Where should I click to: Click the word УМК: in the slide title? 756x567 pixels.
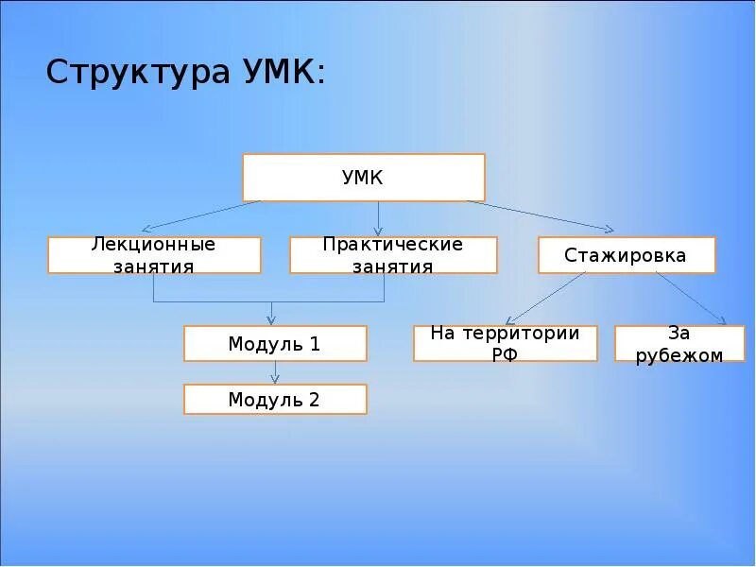pyautogui.click(x=278, y=73)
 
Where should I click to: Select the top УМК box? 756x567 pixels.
pyautogui.click(x=364, y=178)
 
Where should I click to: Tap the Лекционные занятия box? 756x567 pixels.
pyautogui.click(x=154, y=255)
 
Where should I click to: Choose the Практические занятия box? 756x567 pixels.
pyautogui.click(x=393, y=255)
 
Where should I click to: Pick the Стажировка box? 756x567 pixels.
pyautogui.click(x=627, y=255)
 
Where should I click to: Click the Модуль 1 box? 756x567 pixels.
pyautogui.click(x=275, y=344)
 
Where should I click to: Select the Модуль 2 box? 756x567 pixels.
pyautogui.click(x=275, y=400)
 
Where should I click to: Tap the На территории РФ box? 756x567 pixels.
pyautogui.click(x=505, y=344)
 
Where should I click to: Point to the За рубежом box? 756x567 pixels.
pyautogui.click(x=679, y=344)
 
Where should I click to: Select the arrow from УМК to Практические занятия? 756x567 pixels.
pyautogui.click(x=378, y=217)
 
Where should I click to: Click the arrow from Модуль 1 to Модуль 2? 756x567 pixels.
pyautogui.click(x=275, y=372)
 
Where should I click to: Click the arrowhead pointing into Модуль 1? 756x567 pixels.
pyautogui.click(x=271, y=320)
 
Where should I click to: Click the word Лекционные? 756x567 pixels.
pyautogui.click(x=153, y=245)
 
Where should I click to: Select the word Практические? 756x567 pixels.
pyautogui.click(x=393, y=245)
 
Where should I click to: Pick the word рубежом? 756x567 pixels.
pyautogui.click(x=679, y=355)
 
